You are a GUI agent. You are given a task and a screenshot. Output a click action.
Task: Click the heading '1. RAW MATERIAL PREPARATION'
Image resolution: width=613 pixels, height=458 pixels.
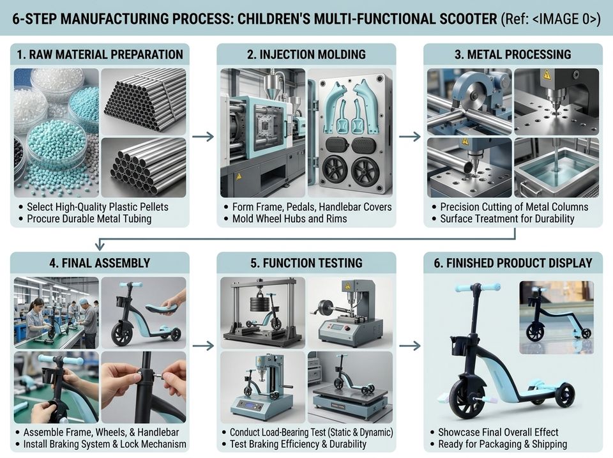(100, 54)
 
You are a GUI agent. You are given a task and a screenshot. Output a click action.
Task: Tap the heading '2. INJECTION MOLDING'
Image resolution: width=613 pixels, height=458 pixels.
(306, 54)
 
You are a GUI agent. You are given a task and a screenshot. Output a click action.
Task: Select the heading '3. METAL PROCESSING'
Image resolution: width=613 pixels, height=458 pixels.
(513, 54)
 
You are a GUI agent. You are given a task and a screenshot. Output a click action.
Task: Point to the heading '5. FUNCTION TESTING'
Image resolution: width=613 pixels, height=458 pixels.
(306, 263)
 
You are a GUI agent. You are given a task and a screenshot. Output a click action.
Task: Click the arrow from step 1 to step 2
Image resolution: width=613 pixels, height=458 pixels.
(203, 137)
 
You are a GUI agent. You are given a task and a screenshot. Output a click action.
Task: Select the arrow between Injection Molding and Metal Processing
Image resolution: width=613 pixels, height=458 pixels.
(410, 137)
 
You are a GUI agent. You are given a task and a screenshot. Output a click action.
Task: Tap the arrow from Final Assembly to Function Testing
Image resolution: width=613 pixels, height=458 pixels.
(203, 346)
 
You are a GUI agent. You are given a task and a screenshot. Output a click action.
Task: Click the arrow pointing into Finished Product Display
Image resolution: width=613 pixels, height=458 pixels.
(410, 346)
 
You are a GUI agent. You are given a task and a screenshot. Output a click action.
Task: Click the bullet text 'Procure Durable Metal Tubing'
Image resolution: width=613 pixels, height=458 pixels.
(89, 218)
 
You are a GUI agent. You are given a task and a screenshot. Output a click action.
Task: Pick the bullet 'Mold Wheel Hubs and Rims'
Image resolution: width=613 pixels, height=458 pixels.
(290, 218)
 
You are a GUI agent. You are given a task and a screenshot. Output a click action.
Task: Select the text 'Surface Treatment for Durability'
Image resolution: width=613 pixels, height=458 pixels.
(508, 218)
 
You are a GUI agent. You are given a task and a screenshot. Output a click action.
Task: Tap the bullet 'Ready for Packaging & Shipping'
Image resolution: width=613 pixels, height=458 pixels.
(503, 444)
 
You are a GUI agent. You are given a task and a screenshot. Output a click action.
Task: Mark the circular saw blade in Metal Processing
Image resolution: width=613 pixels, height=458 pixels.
(478, 95)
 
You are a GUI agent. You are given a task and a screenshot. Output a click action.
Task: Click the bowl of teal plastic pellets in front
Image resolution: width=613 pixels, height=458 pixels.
(58, 146)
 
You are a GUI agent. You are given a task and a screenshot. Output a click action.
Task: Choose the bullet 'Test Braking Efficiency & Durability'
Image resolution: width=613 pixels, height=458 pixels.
(298, 444)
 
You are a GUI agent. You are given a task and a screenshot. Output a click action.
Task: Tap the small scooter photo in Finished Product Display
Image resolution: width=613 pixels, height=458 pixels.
(556, 317)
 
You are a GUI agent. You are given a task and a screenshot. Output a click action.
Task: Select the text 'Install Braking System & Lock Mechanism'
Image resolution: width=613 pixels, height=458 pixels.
(105, 444)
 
